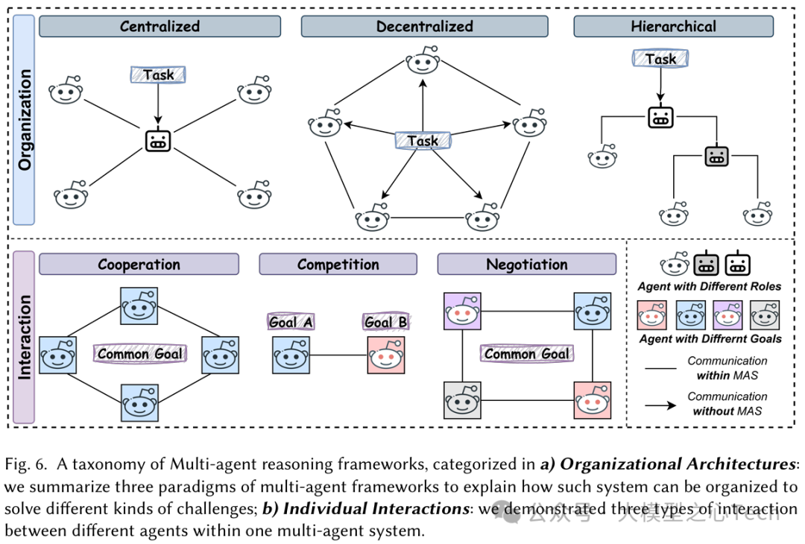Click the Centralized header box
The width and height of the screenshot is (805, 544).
160,27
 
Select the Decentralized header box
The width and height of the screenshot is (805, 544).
424,27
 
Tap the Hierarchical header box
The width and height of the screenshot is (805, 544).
672,27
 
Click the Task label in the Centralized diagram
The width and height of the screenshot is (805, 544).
158,75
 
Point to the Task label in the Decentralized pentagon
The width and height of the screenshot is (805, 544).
423,140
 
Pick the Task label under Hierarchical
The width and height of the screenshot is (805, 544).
660,59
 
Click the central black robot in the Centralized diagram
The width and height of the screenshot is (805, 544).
157,142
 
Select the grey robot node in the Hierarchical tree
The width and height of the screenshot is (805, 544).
716,156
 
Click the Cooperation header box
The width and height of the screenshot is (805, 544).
139,265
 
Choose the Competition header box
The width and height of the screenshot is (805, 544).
338,265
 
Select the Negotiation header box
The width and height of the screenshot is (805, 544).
526,265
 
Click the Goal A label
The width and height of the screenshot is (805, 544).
290,322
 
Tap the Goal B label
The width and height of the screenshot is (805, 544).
386,322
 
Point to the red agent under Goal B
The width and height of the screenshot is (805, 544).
386,355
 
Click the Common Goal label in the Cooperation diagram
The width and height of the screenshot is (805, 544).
138,354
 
